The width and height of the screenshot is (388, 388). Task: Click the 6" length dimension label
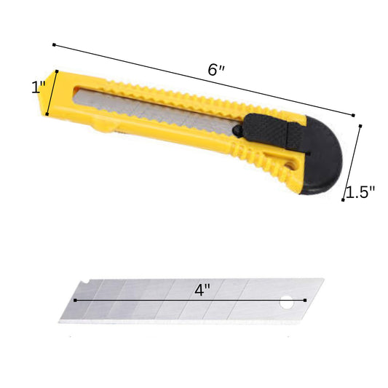(215, 70)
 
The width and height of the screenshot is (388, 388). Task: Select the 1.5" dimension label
(360, 191)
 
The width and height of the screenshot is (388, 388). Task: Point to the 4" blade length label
(202, 290)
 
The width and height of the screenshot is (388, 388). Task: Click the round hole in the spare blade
(287, 302)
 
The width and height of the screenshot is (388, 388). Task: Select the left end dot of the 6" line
(54, 45)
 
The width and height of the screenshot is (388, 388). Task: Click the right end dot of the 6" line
(353, 115)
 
